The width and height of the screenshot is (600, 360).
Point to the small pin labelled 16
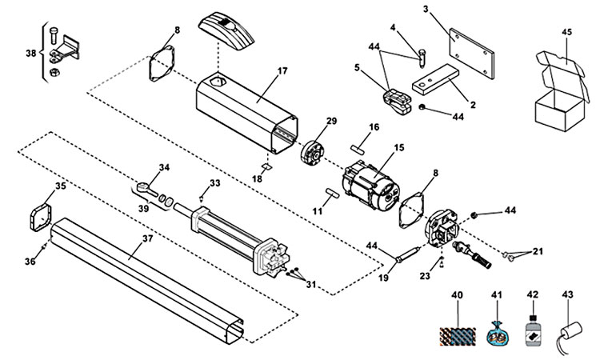point(357,146)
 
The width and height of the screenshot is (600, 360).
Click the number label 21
point(538,251)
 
